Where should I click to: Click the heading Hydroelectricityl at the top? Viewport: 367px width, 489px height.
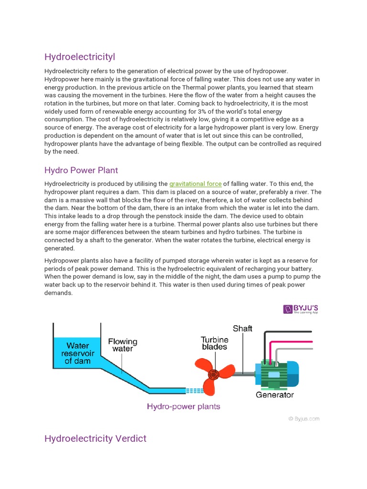click(80, 57)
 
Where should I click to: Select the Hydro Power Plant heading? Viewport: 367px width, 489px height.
click(81, 170)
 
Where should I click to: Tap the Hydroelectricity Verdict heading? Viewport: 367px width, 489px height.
click(95, 438)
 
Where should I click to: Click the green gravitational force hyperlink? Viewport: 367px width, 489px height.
click(195, 183)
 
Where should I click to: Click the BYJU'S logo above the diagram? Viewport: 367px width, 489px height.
click(301, 309)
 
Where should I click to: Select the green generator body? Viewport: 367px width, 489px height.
click(273, 374)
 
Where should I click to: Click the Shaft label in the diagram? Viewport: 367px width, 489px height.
click(242, 329)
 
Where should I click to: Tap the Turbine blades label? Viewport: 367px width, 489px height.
click(214, 343)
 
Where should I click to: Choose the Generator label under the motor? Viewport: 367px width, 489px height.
click(275, 395)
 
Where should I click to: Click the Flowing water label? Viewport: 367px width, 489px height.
click(122, 345)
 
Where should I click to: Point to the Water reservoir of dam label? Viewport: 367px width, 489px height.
click(77, 353)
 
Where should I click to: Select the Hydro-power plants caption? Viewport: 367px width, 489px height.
click(183, 406)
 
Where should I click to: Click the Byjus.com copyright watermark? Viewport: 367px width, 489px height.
click(303, 419)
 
